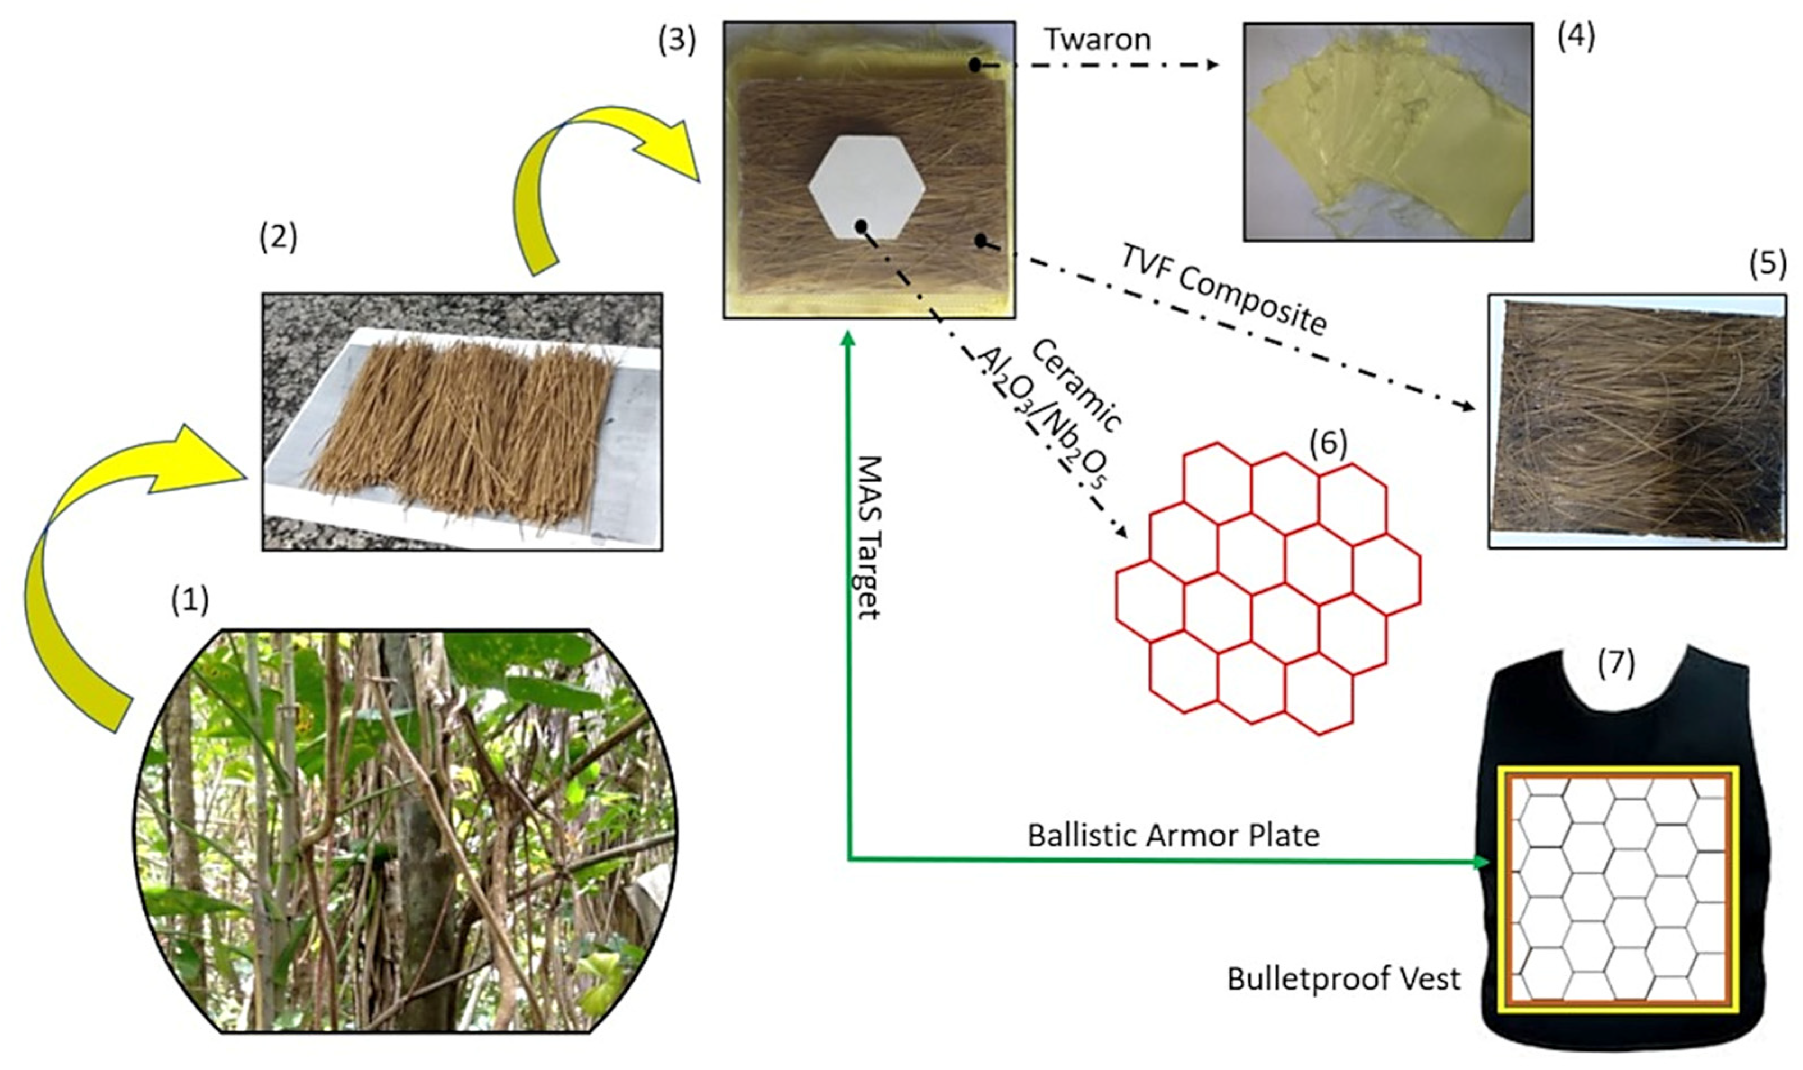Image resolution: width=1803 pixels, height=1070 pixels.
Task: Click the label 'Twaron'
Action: [x=1098, y=40]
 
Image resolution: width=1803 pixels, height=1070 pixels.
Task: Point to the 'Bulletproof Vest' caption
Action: [x=1344, y=979]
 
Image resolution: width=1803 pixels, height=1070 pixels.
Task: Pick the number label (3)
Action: [x=677, y=40]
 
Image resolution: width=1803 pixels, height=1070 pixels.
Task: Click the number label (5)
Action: [x=1768, y=264]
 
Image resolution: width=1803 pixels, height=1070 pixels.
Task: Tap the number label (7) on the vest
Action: [x=1615, y=664]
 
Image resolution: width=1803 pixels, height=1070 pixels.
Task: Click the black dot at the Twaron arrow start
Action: [x=974, y=65]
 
